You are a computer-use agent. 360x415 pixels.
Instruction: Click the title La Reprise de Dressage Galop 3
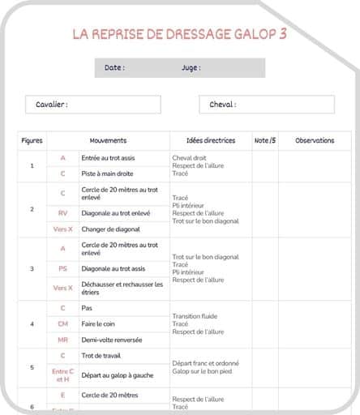coord(179,34)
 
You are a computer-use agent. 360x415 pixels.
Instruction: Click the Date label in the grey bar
coord(114,68)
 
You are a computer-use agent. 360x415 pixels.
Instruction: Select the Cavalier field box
coord(92,105)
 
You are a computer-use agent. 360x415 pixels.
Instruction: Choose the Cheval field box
coord(266,105)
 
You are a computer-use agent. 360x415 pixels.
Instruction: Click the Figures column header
coord(32,140)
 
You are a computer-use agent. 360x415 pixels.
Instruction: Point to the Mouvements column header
coord(108,140)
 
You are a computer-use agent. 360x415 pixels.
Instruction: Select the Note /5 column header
coord(265,140)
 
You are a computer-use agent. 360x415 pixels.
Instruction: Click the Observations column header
coord(315,140)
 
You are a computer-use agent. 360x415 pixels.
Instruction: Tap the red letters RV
coord(62,213)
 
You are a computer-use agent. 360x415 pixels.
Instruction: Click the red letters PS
coord(62,268)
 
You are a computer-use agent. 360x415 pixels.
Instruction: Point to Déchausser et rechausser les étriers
coord(122,288)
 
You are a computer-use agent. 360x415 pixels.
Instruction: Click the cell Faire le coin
coord(100,323)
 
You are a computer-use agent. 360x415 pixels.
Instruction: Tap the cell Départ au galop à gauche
coord(118,375)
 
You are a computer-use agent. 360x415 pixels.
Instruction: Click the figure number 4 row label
coord(32,324)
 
